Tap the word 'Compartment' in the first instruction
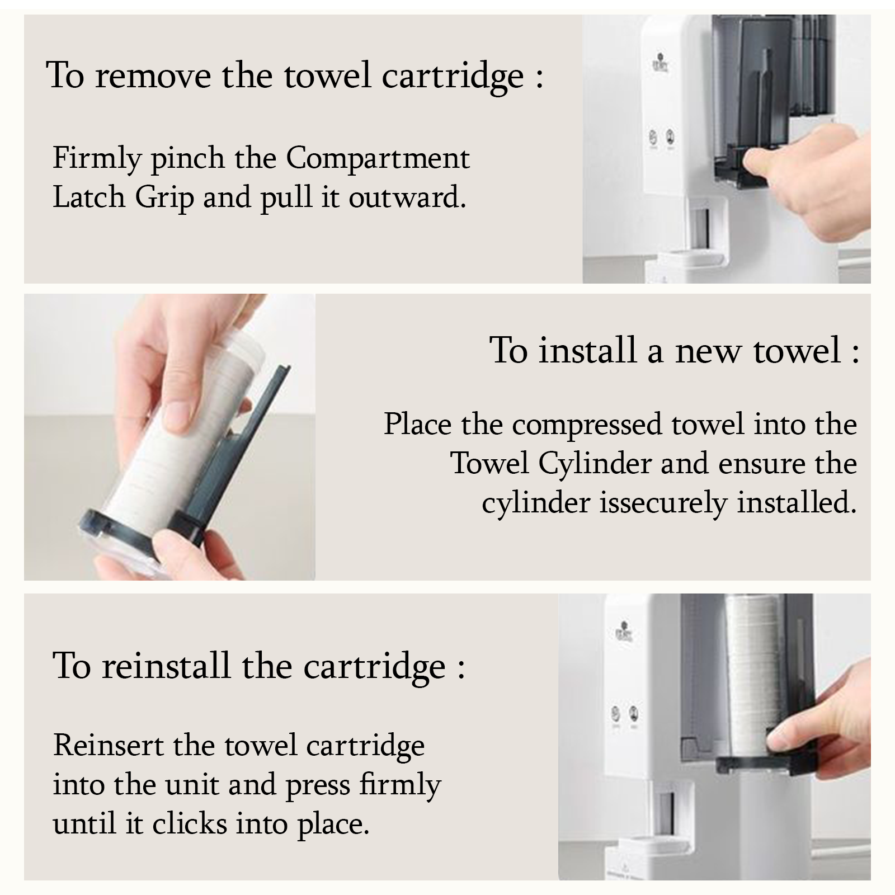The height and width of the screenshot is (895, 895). click(378, 158)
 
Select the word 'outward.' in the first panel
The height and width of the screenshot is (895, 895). click(407, 197)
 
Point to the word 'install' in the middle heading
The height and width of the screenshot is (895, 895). click(587, 351)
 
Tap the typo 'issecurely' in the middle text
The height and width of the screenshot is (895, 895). click(663, 503)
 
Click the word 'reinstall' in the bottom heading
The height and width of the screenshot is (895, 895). click(166, 667)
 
